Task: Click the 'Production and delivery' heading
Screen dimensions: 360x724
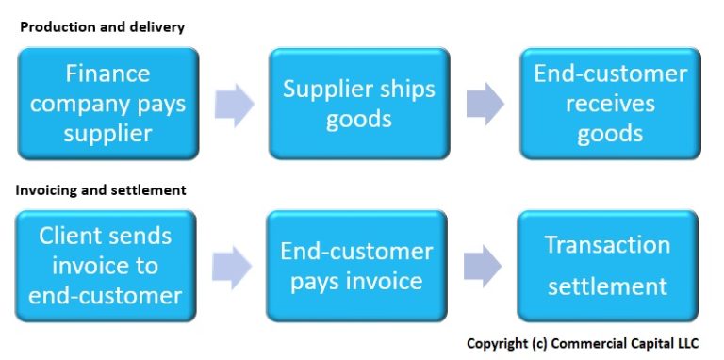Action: click(102, 27)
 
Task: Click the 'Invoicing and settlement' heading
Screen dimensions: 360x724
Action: click(101, 190)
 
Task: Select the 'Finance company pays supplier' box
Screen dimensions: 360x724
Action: click(107, 103)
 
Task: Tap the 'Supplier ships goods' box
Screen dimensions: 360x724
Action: click(359, 103)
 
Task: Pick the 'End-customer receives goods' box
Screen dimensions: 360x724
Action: click(610, 103)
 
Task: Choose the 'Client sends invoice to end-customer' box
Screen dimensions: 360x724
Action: click(106, 265)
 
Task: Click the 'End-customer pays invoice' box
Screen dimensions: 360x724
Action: click(356, 265)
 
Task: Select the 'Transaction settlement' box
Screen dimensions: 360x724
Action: click(607, 265)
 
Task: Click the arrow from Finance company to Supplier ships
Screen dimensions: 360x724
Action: click(234, 104)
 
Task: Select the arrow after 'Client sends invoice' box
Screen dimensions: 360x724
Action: click(231, 266)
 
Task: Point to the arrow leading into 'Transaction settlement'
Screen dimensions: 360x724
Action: click(482, 266)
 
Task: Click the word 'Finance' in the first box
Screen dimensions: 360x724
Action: click(107, 73)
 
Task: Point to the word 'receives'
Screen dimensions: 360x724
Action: click(610, 103)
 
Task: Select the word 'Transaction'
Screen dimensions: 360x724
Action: click(607, 245)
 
